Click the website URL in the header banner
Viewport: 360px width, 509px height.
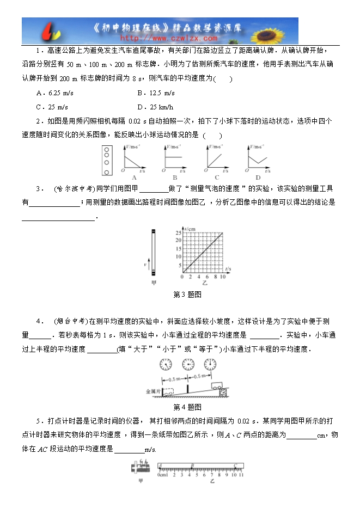(168, 39)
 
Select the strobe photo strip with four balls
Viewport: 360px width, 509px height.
(107, 161)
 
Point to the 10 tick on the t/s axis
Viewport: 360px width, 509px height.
(223, 277)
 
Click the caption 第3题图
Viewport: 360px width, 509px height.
(187, 295)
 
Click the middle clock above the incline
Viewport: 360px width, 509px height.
(188, 364)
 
